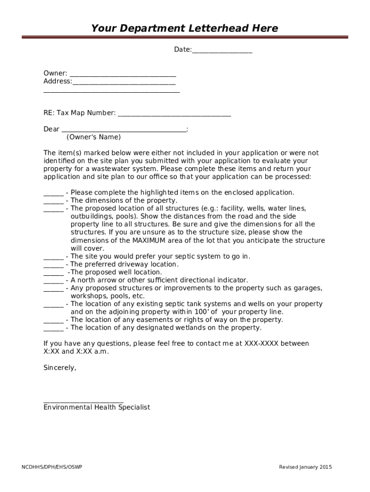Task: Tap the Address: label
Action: [x=57, y=81]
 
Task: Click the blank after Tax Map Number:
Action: [x=174, y=114]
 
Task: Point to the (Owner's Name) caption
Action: [x=94, y=137]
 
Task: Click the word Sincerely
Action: [x=60, y=368]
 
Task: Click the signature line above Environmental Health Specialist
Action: [x=83, y=401]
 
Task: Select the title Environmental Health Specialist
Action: [x=97, y=407]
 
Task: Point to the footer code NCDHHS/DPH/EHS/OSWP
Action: [x=51, y=467]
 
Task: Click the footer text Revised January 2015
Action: [x=305, y=467]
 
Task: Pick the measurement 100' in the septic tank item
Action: [x=201, y=312]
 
